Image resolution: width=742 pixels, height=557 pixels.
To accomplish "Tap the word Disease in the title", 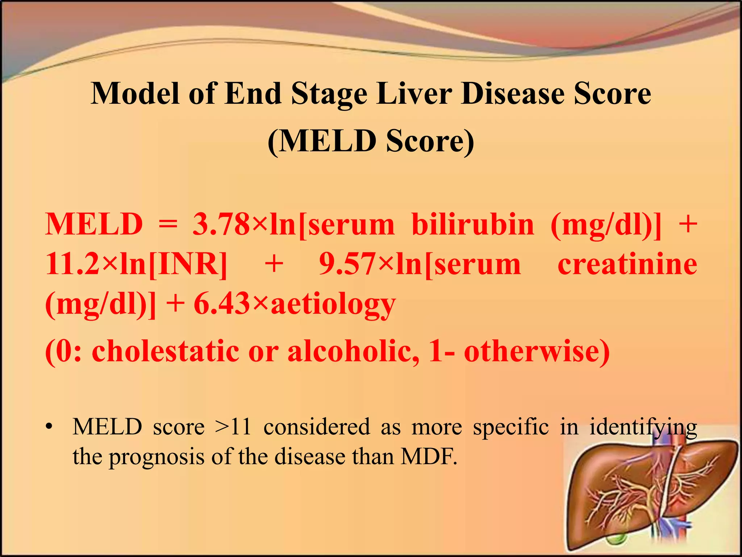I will [512, 94].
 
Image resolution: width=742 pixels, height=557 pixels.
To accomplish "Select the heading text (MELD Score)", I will [371, 141].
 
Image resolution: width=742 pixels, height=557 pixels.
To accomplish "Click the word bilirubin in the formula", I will [473, 224].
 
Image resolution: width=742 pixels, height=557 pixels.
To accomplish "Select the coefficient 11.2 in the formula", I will [72, 264].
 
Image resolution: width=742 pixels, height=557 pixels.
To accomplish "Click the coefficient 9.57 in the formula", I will [347, 264].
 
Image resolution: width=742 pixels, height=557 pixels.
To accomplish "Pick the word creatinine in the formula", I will [627, 264].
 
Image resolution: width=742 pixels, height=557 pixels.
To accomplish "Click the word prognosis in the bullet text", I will [157, 457].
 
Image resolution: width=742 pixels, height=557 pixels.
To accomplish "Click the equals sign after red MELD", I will [168, 224].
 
